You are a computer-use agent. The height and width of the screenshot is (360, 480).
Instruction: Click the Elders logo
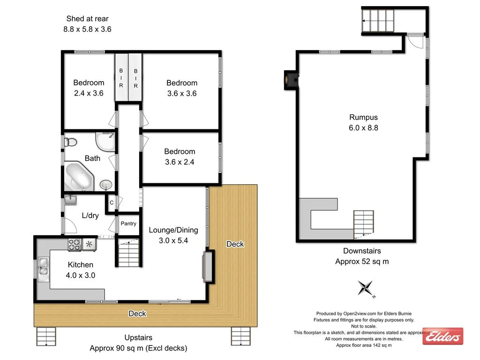tap(442, 336)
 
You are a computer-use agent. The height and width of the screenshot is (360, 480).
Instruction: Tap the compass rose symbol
tap(366, 288)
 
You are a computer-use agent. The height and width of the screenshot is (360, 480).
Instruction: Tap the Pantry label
tap(128, 224)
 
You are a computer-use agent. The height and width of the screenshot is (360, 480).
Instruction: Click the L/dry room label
tap(90, 216)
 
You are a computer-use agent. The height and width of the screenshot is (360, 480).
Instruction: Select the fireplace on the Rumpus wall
tap(292, 79)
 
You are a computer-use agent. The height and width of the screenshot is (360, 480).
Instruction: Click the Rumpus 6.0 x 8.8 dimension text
tap(363, 127)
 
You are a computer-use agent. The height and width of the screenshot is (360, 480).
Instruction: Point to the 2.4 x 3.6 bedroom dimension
tap(89, 93)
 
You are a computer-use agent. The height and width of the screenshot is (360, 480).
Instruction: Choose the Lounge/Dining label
tap(173, 230)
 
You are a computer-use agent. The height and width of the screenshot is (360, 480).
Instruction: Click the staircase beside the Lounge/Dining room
tap(128, 253)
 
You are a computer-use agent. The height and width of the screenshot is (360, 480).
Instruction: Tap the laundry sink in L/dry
tap(71, 200)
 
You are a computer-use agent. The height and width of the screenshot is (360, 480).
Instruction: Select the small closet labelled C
tap(111, 202)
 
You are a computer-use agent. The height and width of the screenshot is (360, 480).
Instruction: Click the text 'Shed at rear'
tap(88, 19)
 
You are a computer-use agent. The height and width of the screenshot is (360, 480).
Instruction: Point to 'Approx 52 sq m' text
tap(362, 262)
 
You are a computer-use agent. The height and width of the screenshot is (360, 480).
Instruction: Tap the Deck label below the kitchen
tap(137, 314)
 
